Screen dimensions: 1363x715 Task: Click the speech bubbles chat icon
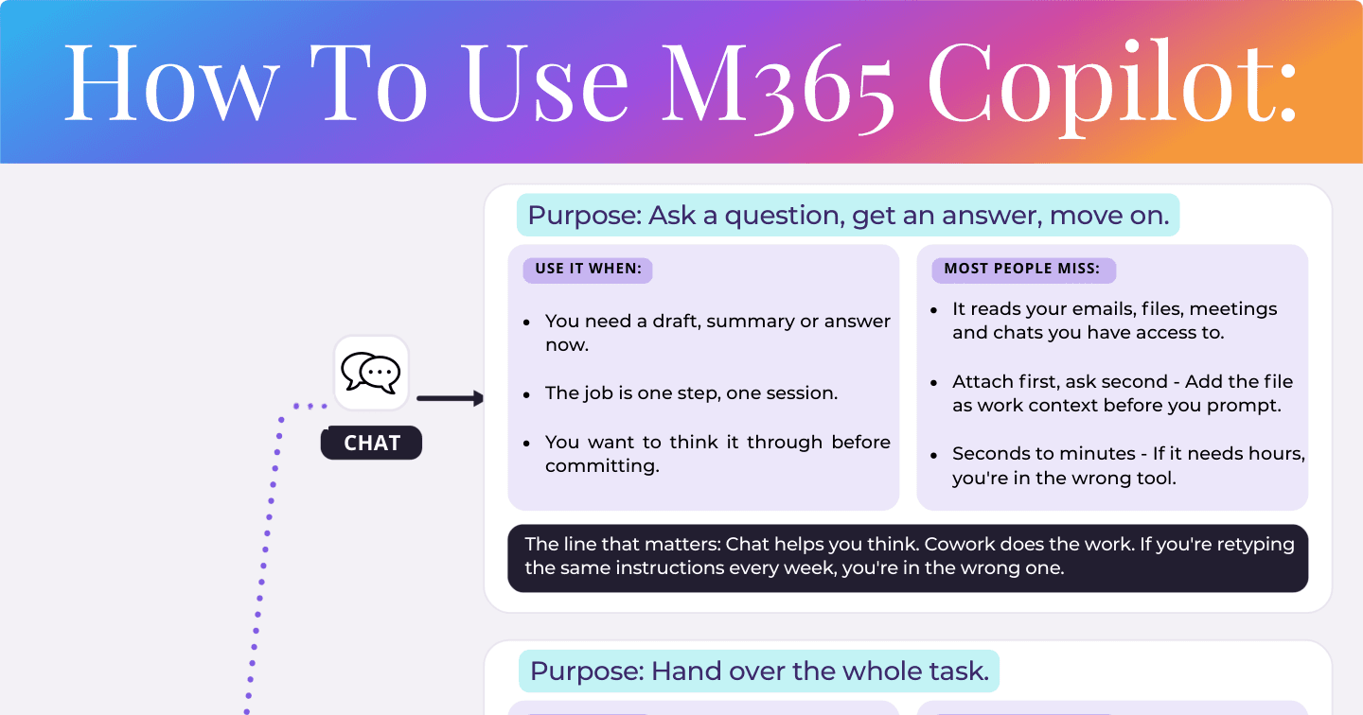371,373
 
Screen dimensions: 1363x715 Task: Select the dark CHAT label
371,443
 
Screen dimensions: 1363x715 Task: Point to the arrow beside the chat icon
451,398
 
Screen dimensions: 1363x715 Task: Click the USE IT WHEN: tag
588,270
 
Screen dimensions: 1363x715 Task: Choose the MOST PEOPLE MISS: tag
1023,270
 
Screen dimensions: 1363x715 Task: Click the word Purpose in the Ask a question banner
584,216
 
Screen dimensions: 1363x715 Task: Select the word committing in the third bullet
602,466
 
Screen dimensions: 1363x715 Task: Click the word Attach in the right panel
982,382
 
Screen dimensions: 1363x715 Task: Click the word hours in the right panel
1274,454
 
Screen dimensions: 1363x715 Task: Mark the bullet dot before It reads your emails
934,310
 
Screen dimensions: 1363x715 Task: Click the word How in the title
170,83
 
